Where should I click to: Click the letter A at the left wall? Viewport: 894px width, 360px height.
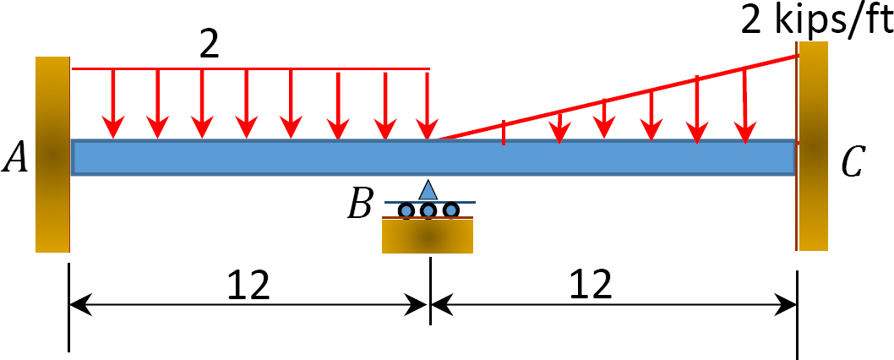pos(15,157)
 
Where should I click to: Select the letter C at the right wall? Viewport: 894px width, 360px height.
pos(853,162)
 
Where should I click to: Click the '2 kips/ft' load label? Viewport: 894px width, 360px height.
pos(816,21)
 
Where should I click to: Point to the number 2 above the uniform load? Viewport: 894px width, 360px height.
pos(210,46)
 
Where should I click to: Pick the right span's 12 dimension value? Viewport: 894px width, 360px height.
pos(591,284)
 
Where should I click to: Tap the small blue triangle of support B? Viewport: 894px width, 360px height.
pos(428,189)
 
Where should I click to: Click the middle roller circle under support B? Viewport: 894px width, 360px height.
pos(428,210)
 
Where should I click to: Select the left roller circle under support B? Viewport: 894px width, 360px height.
pos(406,210)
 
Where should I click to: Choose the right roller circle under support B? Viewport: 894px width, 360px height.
pos(451,210)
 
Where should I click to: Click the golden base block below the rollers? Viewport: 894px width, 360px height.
pos(428,236)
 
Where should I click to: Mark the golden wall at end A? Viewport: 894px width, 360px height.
pos(52,155)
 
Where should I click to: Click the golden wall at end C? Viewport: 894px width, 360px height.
pos(813,146)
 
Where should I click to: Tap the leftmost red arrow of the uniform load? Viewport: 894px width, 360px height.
pos(113,103)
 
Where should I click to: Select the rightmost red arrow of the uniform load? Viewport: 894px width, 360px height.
pos(428,103)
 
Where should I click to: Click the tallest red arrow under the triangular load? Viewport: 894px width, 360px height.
pos(745,106)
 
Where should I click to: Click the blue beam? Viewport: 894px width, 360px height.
pos(433,157)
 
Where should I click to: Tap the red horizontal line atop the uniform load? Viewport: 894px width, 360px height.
pos(250,69)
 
